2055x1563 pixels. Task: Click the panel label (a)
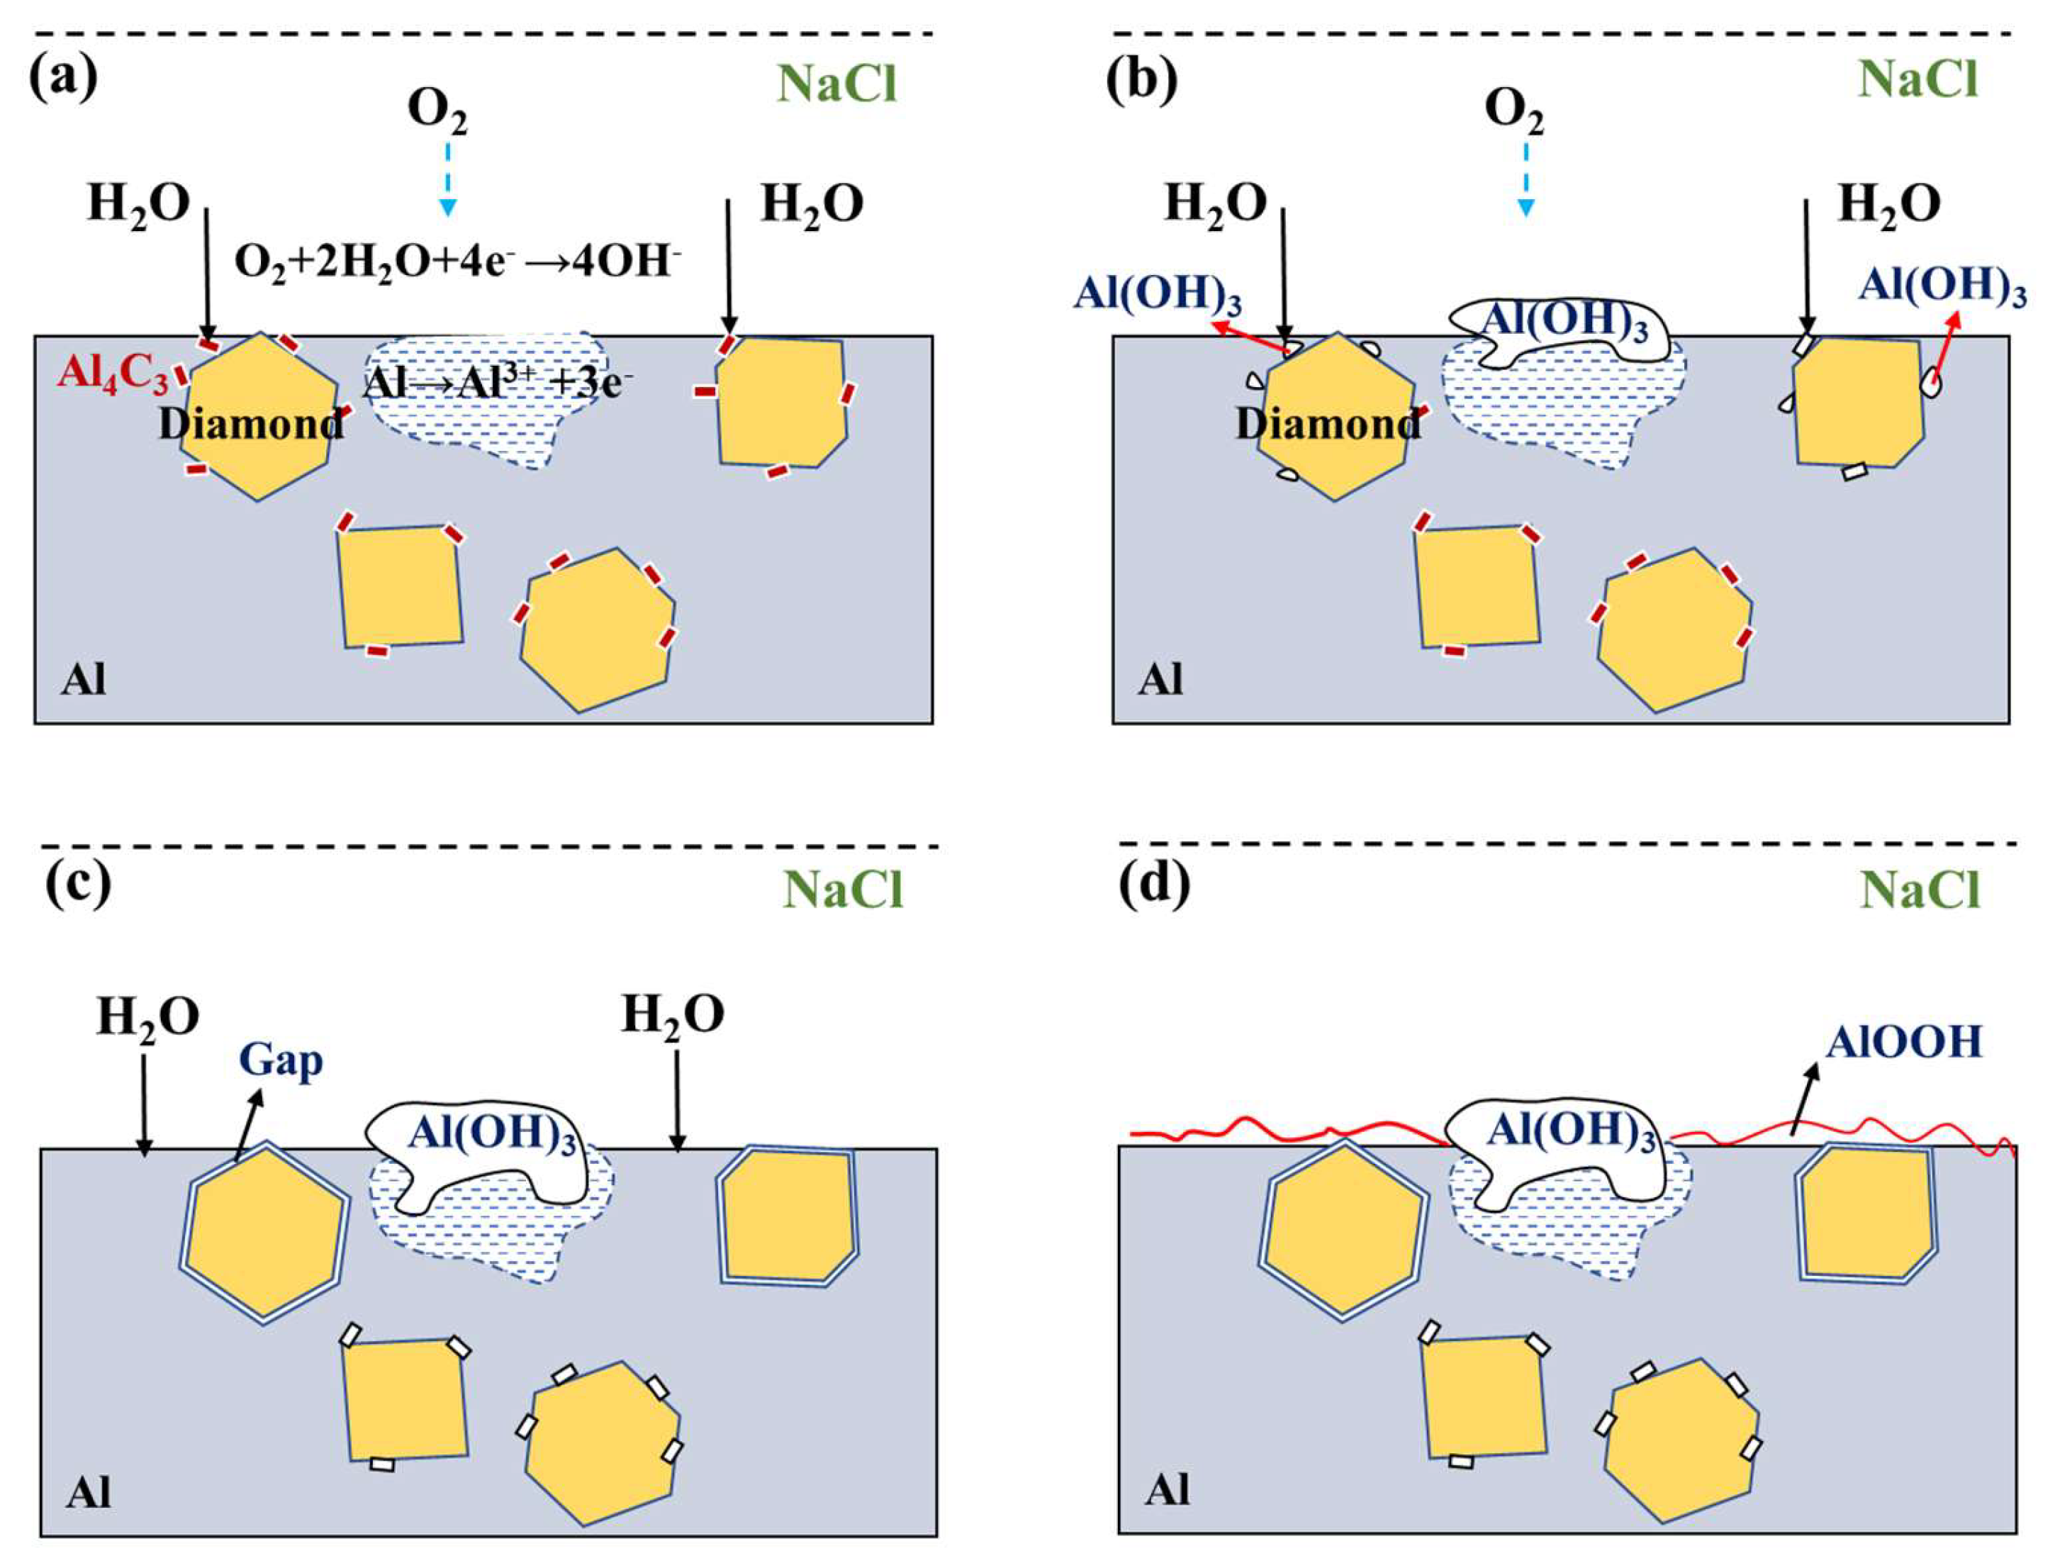pos(62,78)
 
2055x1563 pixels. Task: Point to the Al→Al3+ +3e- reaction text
pos(493,382)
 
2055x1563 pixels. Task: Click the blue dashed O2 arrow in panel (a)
pos(447,177)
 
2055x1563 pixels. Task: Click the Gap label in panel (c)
pos(281,1060)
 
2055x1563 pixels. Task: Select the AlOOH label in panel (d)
pos(1903,1042)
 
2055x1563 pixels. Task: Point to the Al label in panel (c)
pos(89,1494)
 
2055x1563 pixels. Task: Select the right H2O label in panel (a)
pos(811,203)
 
